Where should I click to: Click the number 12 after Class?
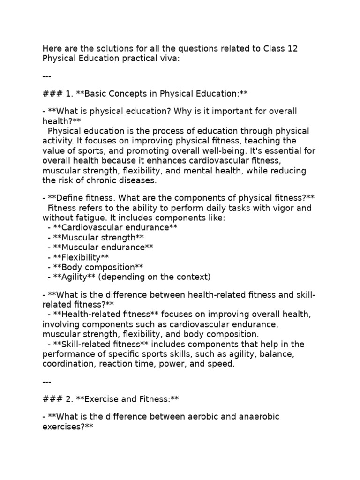coord(290,49)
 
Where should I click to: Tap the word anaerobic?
coord(260,416)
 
